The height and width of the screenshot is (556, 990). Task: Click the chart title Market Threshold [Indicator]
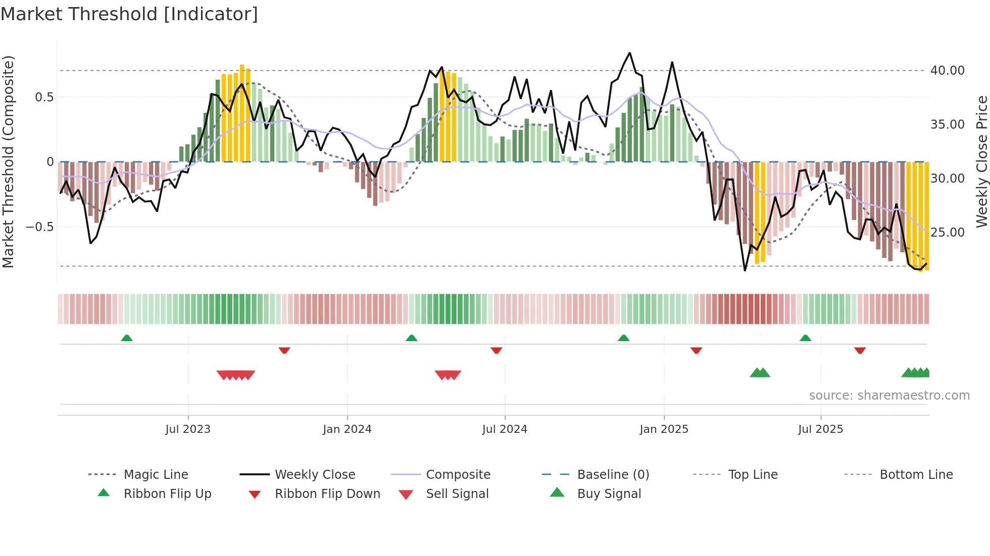[x=129, y=14]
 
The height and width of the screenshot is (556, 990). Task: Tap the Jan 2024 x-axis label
[x=347, y=429]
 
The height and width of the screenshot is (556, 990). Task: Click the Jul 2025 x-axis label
[x=820, y=429]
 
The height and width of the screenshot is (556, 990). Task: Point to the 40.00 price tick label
[x=947, y=70]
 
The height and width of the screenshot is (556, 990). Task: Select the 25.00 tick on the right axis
[x=947, y=232]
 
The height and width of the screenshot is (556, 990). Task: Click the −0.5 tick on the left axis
[x=39, y=227]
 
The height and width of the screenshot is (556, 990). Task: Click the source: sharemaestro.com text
[x=889, y=395]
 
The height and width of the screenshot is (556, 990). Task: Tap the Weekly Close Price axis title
[x=981, y=161]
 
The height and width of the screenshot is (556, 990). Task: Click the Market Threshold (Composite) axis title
[x=8, y=161]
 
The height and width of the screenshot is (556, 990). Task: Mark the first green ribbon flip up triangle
[x=127, y=338]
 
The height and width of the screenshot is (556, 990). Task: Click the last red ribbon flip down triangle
[x=860, y=350]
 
